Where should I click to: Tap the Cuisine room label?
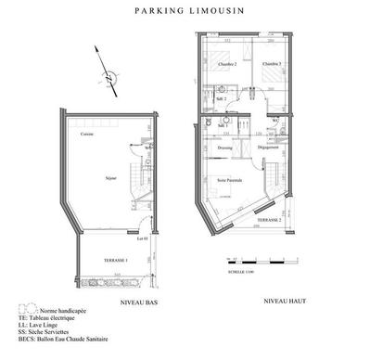tap(86, 135)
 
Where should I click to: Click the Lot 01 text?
tap(142, 239)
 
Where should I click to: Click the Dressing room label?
tap(223, 148)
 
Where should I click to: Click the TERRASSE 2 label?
tap(269, 221)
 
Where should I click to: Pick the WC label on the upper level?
tap(275, 121)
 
